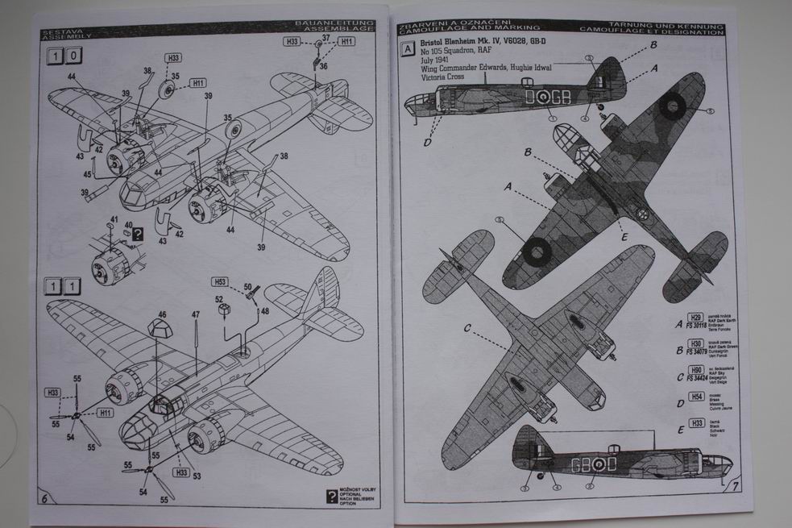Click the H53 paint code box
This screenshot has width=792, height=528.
click(x=220, y=282)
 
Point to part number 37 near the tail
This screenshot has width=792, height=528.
click(x=326, y=37)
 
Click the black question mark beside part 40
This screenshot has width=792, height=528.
click(x=138, y=235)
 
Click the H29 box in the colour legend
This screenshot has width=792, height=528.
click(x=695, y=318)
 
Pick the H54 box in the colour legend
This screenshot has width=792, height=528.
click(x=695, y=396)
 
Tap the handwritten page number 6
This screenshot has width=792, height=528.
click(x=46, y=497)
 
